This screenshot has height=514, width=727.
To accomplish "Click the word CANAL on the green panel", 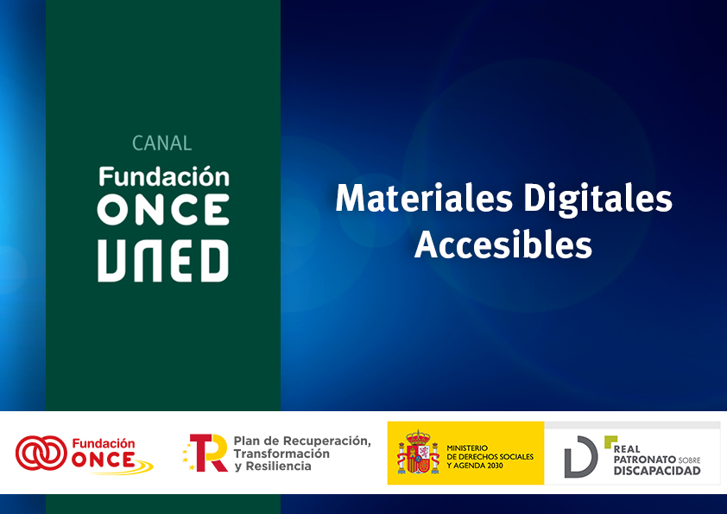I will (x=162, y=143).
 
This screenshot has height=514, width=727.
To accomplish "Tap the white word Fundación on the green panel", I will (x=164, y=176).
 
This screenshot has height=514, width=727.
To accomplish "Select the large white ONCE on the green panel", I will (x=163, y=210).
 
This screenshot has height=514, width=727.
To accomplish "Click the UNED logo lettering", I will (x=163, y=261).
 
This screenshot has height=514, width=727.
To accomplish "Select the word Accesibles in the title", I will (x=503, y=244).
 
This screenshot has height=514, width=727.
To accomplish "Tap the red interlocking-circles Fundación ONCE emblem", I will (x=41, y=453).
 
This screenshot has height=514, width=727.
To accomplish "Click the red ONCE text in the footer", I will (x=103, y=460).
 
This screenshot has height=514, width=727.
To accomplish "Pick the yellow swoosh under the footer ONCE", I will (x=130, y=468).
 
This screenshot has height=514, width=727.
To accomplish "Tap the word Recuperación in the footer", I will (x=327, y=441).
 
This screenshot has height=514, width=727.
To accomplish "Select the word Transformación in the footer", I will (x=281, y=454).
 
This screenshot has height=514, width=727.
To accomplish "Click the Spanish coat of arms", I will (x=418, y=454).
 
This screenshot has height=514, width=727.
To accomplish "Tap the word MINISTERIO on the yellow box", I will (x=467, y=447).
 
